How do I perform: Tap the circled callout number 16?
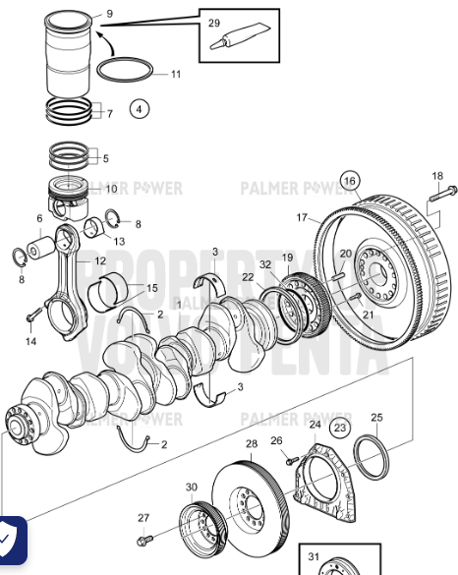click(x=351, y=181)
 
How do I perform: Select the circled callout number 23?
click(x=339, y=428)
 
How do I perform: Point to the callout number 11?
click(x=175, y=74)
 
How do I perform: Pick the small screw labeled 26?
click(x=290, y=458)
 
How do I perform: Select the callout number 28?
click(x=252, y=444)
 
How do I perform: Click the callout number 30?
click(x=191, y=487)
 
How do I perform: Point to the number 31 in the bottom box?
click(x=314, y=556)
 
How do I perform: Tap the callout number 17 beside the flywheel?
click(x=303, y=217)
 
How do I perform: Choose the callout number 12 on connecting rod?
click(x=100, y=261)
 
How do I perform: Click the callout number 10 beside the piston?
click(x=111, y=189)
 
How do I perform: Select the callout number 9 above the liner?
click(x=109, y=14)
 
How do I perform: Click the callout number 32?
click(x=265, y=264)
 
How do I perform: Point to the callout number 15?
click(x=151, y=288)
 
